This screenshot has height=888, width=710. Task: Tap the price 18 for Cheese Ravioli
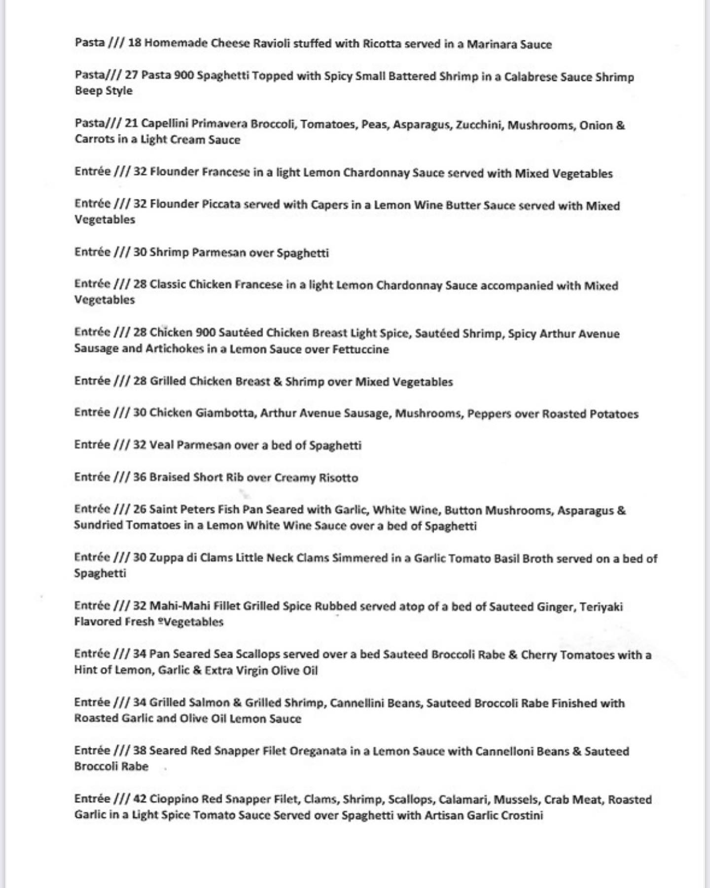135,43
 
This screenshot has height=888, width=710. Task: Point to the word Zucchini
478,125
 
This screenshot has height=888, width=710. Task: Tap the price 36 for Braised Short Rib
140,477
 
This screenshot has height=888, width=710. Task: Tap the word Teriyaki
601,606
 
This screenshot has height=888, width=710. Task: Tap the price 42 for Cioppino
140,799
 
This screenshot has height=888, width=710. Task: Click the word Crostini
522,815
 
